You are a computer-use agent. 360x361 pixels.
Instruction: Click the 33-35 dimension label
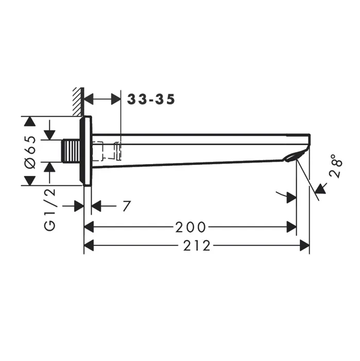point(151,100)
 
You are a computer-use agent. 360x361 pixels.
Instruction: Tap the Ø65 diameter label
point(30,152)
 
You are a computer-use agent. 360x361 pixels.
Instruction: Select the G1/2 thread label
point(50,209)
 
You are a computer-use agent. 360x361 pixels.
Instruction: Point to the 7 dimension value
point(127,206)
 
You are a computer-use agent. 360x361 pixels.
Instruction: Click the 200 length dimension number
point(191,227)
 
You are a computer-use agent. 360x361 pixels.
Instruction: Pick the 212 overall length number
point(197,245)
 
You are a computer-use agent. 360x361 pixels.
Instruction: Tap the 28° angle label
point(336,166)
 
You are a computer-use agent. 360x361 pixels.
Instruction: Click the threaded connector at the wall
point(71,151)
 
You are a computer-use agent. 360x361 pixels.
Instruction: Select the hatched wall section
point(78,102)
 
